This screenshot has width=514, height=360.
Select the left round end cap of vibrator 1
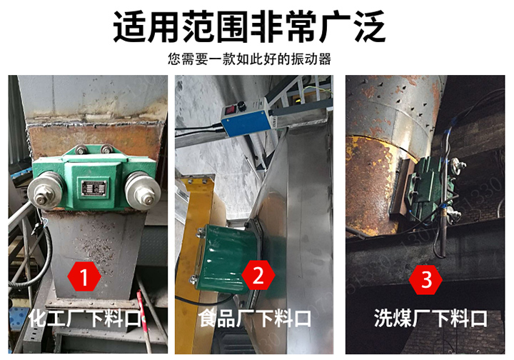pos(44,191)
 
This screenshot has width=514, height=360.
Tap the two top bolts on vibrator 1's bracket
pos(91,149)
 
